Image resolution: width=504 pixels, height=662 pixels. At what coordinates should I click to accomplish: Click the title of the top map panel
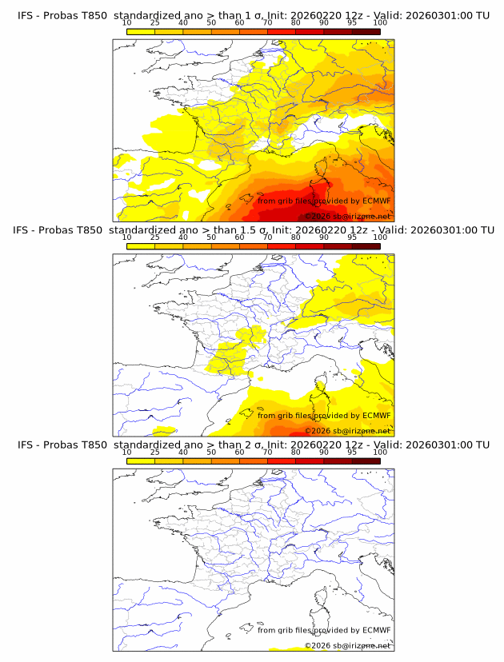tap(253, 15)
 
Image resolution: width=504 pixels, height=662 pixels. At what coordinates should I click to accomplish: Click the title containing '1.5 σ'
tap(253, 229)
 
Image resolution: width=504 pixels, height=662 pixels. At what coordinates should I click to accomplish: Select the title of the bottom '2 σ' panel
tap(253, 444)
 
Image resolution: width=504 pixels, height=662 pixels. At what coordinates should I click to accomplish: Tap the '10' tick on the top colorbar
tap(127, 22)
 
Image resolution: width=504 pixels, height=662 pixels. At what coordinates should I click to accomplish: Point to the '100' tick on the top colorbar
tap(380, 22)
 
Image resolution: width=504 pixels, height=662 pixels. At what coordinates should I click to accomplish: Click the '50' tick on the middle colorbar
tap(211, 237)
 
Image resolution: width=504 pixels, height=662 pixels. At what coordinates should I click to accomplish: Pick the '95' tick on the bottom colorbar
tap(352, 452)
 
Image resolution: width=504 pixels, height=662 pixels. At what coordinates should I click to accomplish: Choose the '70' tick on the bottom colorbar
tap(267, 452)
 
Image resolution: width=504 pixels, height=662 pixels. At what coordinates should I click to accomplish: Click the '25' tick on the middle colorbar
tap(155, 237)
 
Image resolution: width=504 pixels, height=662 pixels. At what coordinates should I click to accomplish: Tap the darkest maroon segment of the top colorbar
tap(366, 32)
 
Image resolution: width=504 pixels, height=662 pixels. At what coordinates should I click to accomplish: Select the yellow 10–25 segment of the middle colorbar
tap(141, 246)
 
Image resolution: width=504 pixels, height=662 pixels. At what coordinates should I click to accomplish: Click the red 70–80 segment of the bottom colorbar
tap(282, 461)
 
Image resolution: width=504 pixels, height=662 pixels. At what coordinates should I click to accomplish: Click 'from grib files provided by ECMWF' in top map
tap(323, 201)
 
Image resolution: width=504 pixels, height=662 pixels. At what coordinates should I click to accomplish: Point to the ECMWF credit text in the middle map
tap(323, 416)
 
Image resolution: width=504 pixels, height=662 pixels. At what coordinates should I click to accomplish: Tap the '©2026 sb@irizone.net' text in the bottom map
tap(347, 645)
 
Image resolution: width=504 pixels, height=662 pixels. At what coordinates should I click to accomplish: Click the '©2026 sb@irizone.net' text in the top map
tap(347, 217)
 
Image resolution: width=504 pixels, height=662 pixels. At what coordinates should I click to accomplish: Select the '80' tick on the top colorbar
tap(295, 22)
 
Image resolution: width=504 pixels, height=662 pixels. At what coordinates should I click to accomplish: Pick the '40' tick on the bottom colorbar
tap(183, 452)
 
